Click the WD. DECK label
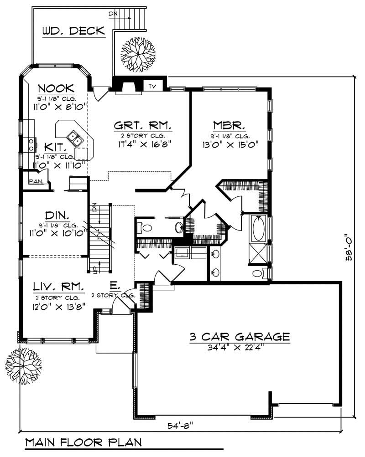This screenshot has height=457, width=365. coord(73,31)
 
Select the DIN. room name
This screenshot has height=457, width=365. coord(57,215)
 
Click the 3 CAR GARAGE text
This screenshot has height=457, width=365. coord(240,337)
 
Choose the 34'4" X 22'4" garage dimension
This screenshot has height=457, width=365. coord(239,348)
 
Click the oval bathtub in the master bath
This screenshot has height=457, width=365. coord(258,228)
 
